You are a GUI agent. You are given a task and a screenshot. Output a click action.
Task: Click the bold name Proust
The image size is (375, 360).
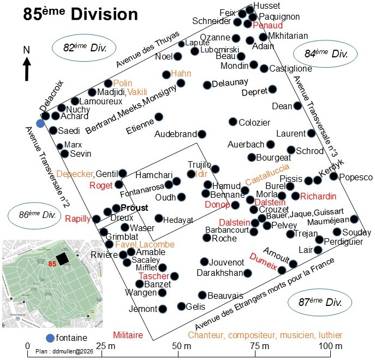click(x=134, y=208)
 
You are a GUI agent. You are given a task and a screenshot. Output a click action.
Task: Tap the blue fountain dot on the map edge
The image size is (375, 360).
click(x=40, y=123)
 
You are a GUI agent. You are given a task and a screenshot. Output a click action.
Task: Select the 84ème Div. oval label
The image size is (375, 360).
click(x=325, y=54)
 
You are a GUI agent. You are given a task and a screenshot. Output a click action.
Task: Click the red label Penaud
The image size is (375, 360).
click(x=267, y=25)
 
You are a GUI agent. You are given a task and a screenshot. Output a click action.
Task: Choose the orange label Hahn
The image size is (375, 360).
click(x=181, y=73)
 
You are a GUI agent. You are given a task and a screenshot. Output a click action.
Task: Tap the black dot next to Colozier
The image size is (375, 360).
click(x=233, y=122)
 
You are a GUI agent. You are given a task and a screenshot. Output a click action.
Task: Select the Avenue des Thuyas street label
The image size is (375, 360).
click(x=148, y=49)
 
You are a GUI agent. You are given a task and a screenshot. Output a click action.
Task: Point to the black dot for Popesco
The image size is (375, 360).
click(x=334, y=176)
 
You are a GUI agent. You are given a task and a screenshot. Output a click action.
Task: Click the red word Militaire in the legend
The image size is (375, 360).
click(x=128, y=335)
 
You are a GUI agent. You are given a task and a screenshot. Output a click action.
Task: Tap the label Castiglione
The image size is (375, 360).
click(x=290, y=69)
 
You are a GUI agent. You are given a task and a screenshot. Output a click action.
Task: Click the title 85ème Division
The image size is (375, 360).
click(x=81, y=14)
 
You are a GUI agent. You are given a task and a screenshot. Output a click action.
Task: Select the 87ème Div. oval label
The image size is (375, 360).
click(x=320, y=302)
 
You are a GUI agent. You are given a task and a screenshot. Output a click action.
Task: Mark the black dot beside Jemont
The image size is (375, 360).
click(x=163, y=309)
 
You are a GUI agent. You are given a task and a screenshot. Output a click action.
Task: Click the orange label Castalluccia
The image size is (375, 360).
click(x=267, y=174)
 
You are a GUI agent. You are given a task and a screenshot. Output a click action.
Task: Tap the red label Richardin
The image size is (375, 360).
click(x=318, y=196)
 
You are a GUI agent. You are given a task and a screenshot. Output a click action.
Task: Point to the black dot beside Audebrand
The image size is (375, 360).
click(x=202, y=134)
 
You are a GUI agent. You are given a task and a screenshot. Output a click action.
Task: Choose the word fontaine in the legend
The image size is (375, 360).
click(x=72, y=338)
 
